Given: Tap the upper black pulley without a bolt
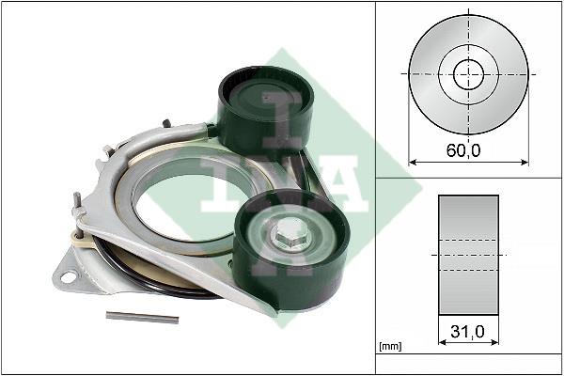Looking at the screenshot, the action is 265,108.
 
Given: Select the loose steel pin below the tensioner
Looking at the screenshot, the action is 142,318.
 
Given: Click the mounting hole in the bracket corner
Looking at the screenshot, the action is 68,277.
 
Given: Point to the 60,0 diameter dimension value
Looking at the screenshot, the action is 463,150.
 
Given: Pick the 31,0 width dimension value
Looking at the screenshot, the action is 467,332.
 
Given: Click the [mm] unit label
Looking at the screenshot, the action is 390,347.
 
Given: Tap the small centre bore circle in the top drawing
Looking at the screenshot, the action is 468,75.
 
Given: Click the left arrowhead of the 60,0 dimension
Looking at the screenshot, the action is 413,163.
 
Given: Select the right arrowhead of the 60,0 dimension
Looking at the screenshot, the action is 525,163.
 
